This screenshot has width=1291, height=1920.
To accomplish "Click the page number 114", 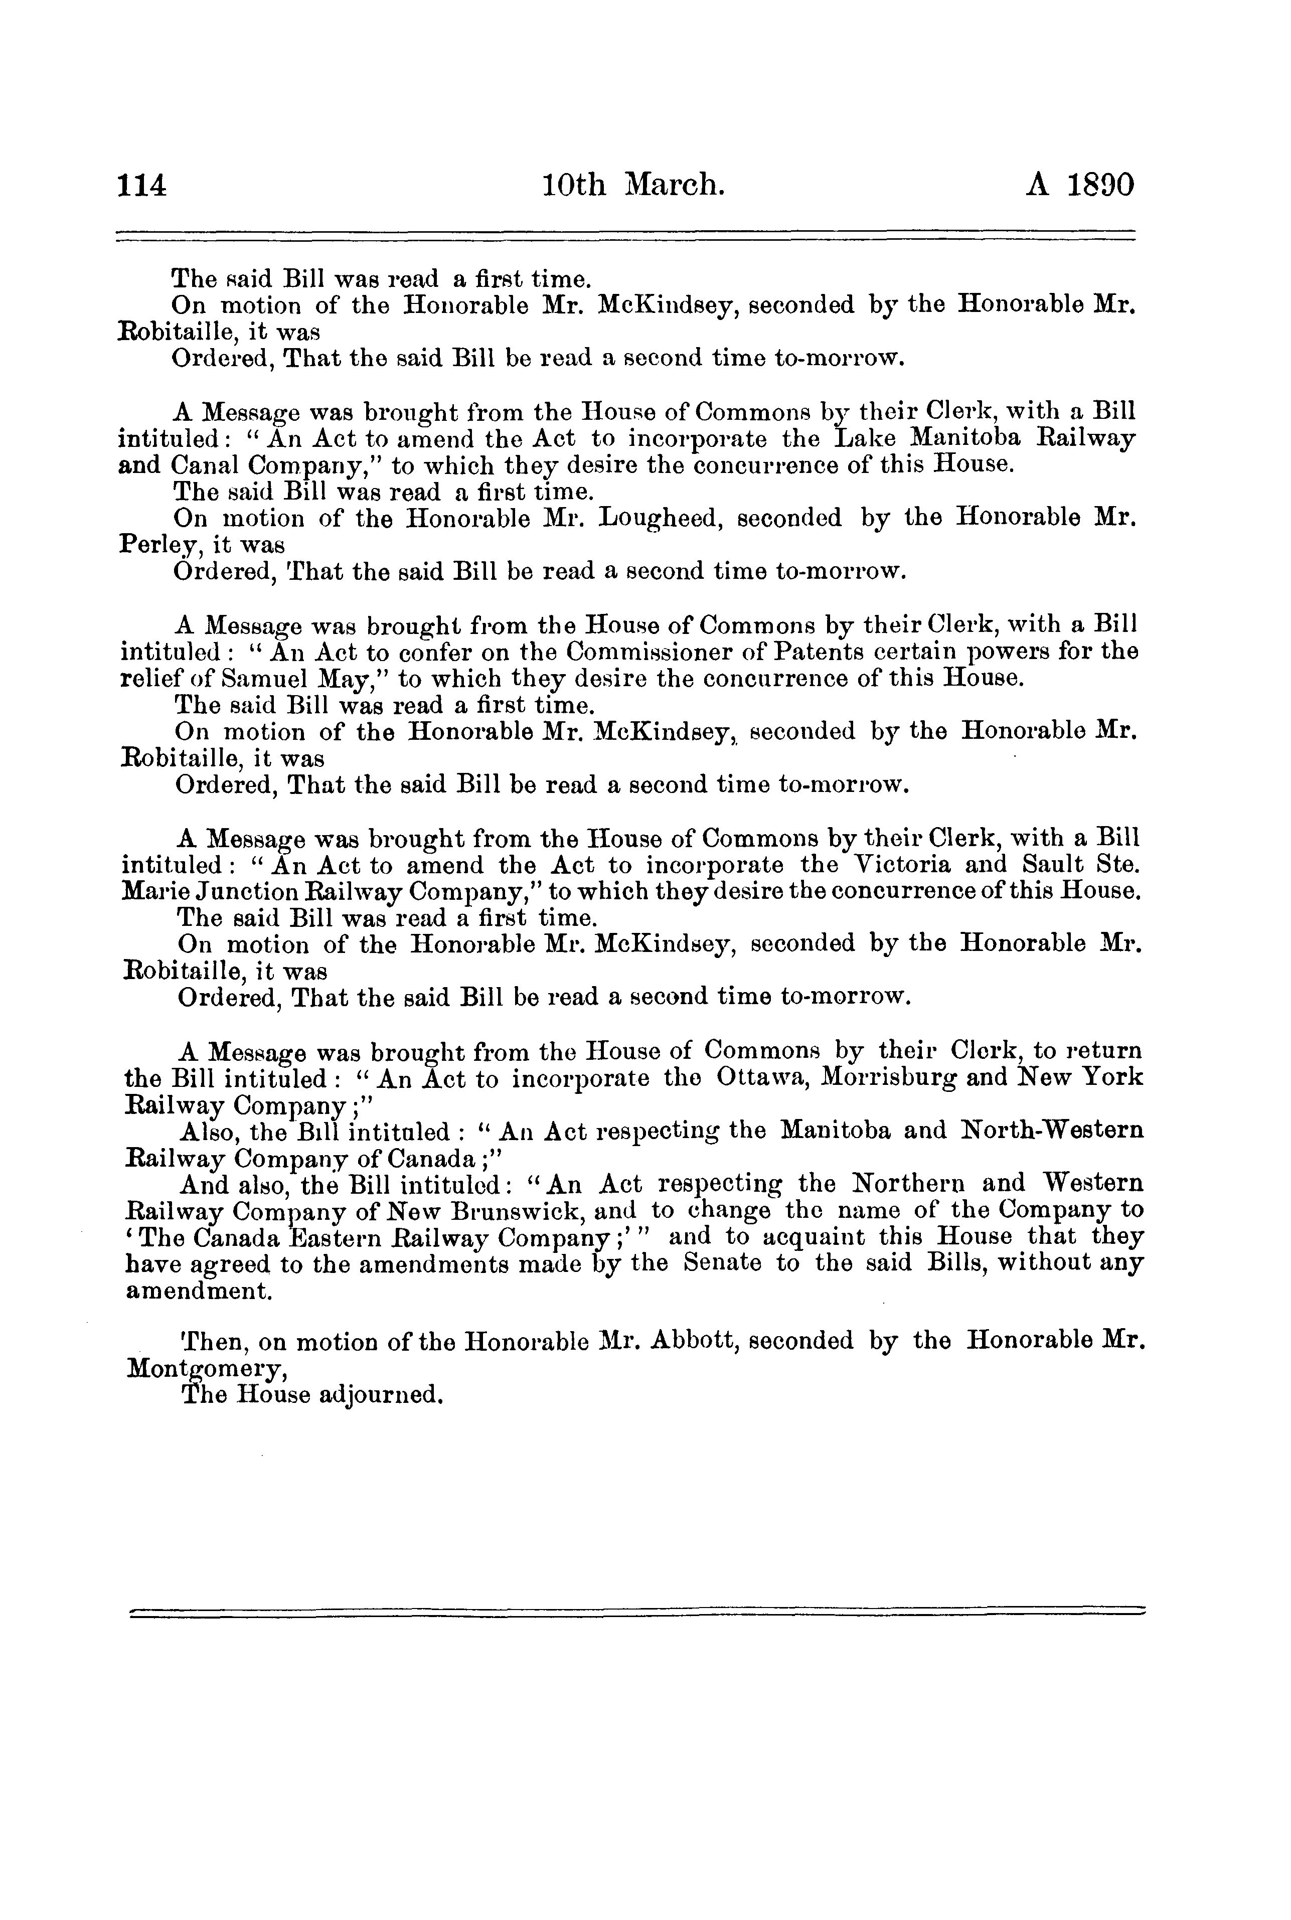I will coord(142,185).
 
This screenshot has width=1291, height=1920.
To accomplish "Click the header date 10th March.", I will coord(633,185).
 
